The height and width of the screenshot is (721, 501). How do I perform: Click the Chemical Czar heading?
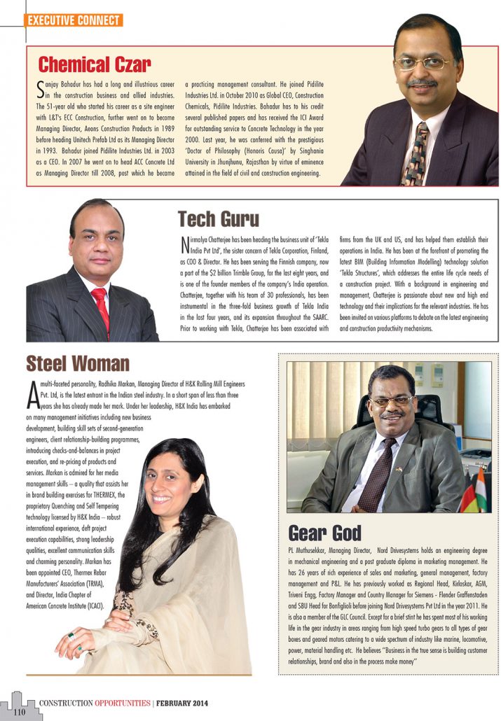(94, 65)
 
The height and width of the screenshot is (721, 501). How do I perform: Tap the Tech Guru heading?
(218, 219)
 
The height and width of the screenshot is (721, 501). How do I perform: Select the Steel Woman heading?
(78, 363)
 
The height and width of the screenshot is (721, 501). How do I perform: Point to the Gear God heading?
(324, 532)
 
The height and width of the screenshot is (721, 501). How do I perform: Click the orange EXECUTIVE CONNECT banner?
(74, 20)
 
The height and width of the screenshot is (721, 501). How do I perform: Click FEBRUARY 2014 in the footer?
(181, 702)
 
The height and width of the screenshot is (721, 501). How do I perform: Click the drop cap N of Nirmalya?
(185, 246)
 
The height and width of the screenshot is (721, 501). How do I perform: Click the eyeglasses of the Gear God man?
(390, 402)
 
